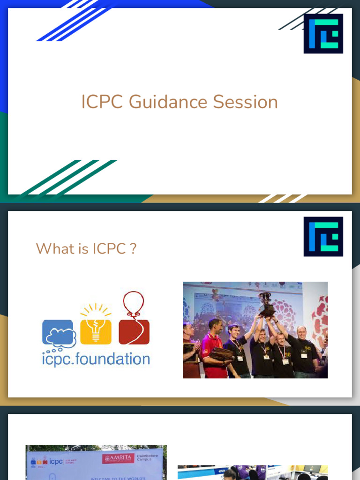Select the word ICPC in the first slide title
click(103, 102)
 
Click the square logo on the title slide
click(323, 33)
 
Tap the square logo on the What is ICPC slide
click(323, 236)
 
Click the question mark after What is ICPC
click(134, 248)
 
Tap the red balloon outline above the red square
click(134, 303)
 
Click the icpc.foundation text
click(96, 360)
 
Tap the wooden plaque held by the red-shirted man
click(221, 354)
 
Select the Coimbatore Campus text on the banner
click(148, 458)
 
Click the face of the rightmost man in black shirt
click(301, 333)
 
